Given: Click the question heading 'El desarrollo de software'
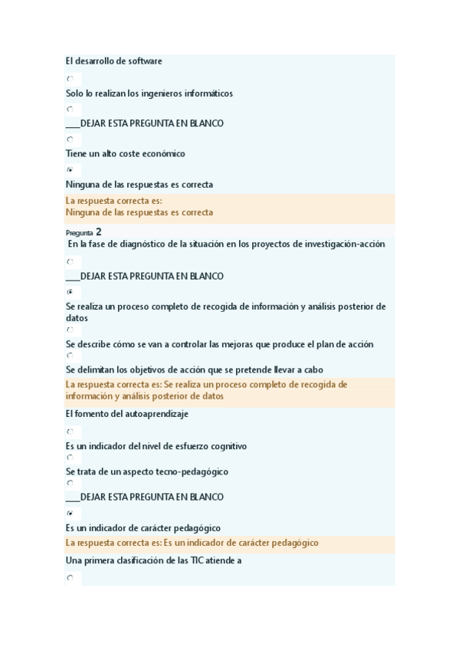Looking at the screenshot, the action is tap(114, 61).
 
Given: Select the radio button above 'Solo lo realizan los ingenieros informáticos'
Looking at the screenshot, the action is tap(70, 78).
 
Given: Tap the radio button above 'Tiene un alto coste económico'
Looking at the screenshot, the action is tap(70, 140).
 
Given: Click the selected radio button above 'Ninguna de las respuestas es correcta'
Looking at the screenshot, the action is tap(70, 169).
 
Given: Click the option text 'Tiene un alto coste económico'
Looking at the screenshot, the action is tap(126, 154).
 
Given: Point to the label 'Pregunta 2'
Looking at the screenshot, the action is tap(84, 231).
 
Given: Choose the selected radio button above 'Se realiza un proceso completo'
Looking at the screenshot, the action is tap(70, 292).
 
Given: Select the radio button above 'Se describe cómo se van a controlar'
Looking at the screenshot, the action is tap(70, 330).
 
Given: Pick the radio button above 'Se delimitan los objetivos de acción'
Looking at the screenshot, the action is tap(70, 356).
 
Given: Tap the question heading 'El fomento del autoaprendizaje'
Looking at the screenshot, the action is tap(127, 414).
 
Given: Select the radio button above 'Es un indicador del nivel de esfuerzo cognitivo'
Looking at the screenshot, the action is tap(70, 432).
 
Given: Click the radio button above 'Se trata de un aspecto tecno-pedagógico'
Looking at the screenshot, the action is tap(70, 458).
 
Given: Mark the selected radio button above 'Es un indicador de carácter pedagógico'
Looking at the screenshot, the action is tap(70, 514).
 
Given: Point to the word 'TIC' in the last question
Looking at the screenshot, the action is tap(201, 560).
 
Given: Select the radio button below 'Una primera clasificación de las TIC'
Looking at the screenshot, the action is tap(70, 578).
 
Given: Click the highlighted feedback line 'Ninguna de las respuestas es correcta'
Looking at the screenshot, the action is tap(139, 212).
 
